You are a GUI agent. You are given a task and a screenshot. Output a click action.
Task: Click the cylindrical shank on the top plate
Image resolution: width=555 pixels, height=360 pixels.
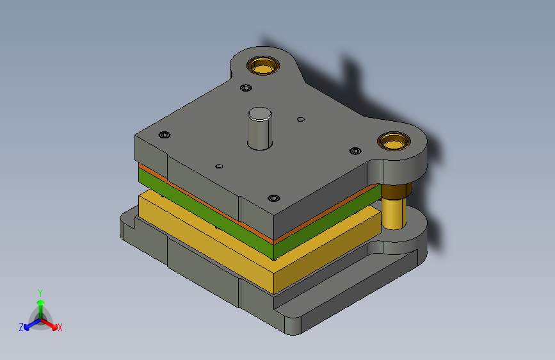(260, 129)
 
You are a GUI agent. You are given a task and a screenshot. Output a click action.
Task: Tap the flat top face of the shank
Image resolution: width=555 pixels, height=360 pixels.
(260, 114)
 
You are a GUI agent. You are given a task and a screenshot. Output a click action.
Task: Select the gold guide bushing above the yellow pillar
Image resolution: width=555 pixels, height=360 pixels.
(394, 141)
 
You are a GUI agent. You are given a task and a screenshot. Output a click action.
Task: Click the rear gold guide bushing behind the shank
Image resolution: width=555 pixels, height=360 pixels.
(263, 65)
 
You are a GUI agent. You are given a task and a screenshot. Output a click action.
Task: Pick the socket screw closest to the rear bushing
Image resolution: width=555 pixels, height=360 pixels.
(246, 88)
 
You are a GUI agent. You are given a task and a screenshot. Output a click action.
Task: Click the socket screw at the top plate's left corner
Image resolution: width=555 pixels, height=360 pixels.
(165, 135)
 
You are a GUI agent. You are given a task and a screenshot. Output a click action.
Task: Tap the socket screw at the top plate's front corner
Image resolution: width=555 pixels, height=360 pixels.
(273, 198)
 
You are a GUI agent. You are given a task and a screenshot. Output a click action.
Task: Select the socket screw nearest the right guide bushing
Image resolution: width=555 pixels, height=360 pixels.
(355, 151)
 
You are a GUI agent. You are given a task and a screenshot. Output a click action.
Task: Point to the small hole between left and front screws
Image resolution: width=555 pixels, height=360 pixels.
(219, 166)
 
